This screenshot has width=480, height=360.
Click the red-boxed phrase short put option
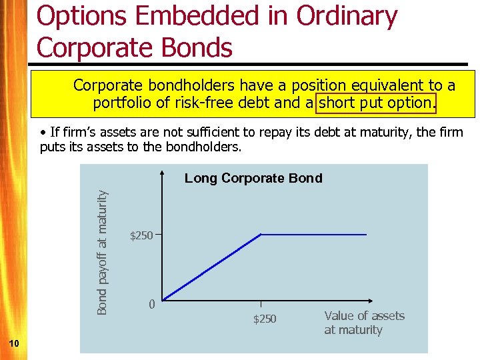(x=378, y=103)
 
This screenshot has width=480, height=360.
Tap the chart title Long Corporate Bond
(x=253, y=178)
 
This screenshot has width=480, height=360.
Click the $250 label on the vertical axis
(x=141, y=235)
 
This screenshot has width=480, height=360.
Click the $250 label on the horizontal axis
(x=264, y=319)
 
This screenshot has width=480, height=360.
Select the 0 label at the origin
(x=152, y=305)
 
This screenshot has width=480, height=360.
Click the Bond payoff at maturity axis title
(x=102, y=253)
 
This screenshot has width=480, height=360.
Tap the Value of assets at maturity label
(x=364, y=323)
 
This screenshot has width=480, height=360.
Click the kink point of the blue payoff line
(x=261, y=235)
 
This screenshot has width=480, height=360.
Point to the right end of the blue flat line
(x=367, y=235)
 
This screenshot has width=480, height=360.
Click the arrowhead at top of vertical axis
(x=163, y=175)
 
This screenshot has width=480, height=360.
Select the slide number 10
(x=14, y=343)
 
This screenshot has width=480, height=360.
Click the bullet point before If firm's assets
(x=43, y=133)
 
